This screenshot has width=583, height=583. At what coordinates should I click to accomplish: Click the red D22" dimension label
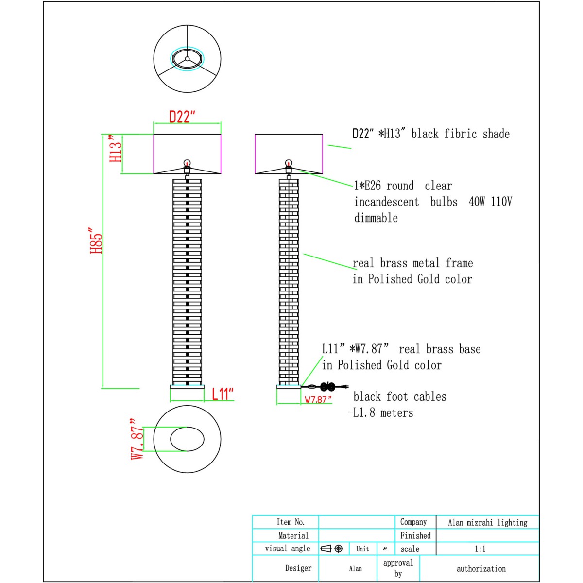click(x=182, y=117)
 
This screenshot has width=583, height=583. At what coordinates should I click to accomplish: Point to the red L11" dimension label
click(x=223, y=394)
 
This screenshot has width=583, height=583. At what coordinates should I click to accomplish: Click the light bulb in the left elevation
click(x=187, y=163)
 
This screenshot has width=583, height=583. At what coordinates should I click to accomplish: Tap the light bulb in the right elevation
click(x=289, y=163)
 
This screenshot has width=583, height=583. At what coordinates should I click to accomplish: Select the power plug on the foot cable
click(x=328, y=387)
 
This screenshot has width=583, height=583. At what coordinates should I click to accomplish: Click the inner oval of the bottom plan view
click(x=187, y=439)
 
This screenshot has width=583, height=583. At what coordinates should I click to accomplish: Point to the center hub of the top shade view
click(x=187, y=59)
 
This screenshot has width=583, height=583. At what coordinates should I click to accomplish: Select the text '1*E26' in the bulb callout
click(x=367, y=186)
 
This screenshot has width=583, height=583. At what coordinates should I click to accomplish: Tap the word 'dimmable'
click(x=376, y=218)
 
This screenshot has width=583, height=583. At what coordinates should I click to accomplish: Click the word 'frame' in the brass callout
click(x=459, y=263)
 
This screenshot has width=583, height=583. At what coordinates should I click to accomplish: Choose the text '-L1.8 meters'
click(x=380, y=413)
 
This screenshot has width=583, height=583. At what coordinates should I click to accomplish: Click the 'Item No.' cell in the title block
click(x=291, y=522)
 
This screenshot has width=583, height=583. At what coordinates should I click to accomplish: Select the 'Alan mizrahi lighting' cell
click(x=487, y=522)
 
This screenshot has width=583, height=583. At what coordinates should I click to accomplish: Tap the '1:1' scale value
click(x=480, y=549)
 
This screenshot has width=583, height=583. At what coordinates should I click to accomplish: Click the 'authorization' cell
click(x=481, y=568)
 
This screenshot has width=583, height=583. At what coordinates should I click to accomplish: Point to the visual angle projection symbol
click(x=332, y=549)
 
